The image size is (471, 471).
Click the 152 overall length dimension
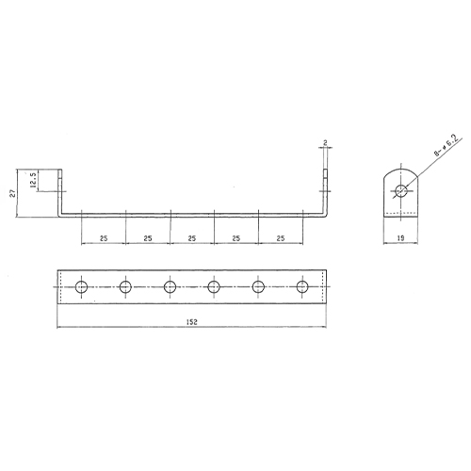pyautogui.click(x=192, y=322)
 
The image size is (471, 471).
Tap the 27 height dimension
pyautogui.click(x=12, y=194)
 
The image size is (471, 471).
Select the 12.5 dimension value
pyautogui.click(x=34, y=181)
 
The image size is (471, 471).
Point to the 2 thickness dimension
pyautogui.click(x=325, y=143)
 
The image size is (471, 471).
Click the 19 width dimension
pyautogui.click(x=400, y=238)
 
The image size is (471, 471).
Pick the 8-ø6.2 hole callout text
pyautogui.click(x=447, y=145)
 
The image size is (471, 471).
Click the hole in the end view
pyautogui.click(x=400, y=190)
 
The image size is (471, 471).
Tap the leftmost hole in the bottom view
pyautogui.click(x=82, y=286)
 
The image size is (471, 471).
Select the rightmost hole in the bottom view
pyautogui.click(x=302, y=286)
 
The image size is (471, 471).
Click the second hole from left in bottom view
pyautogui.click(x=125, y=286)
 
